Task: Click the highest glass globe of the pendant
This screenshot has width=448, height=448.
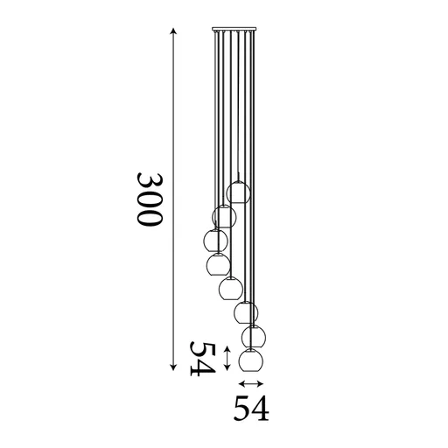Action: (238, 192)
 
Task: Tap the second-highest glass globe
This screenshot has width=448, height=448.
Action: (224, 216)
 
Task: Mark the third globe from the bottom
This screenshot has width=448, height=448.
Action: (246, 311)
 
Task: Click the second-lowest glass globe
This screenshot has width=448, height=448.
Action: (254, 335)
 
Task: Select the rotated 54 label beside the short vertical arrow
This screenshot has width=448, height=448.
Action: (203, 359)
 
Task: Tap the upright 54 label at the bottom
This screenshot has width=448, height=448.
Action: (249, 408)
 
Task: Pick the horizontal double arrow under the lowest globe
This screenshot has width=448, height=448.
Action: (251, 383)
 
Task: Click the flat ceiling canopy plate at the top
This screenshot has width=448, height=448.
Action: (234, 31)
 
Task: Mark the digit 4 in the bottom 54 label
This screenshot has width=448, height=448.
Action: (259, 408)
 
